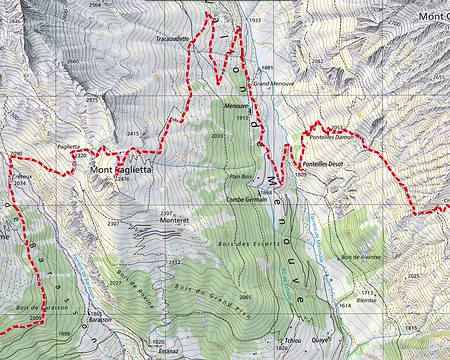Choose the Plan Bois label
coord(242,176)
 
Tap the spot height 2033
coord(218,135)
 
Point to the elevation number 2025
coord(415,275)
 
